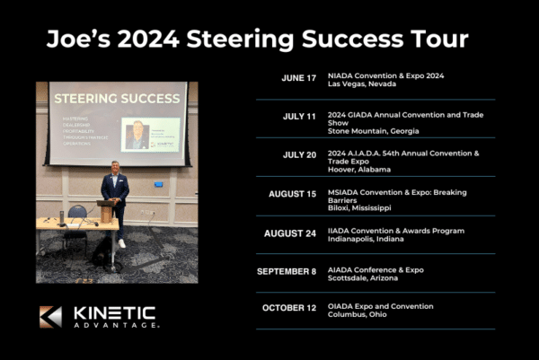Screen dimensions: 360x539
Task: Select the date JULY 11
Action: coord(299,117)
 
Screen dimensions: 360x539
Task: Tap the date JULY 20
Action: coord(299,154)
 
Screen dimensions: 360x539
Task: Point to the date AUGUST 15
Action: coord(292,194)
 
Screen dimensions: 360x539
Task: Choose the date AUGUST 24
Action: coord(290,233)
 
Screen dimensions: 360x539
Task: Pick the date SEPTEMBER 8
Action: coord(287,271)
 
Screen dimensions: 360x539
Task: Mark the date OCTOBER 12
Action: coord(289,308)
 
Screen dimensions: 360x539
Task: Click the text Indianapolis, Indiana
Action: coord(366,239)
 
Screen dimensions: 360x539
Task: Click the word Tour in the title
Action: coord(438,40)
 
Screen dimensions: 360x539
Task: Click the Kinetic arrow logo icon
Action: coord(50,317)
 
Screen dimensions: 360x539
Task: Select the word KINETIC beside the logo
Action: coord(114,312)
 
